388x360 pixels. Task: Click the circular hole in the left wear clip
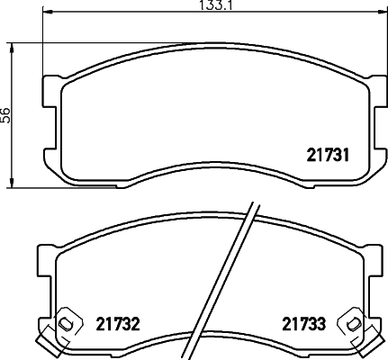tap(65, 322)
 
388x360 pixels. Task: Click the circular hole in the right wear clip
tap(354, 322)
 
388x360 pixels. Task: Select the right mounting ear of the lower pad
tap(374, 261)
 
